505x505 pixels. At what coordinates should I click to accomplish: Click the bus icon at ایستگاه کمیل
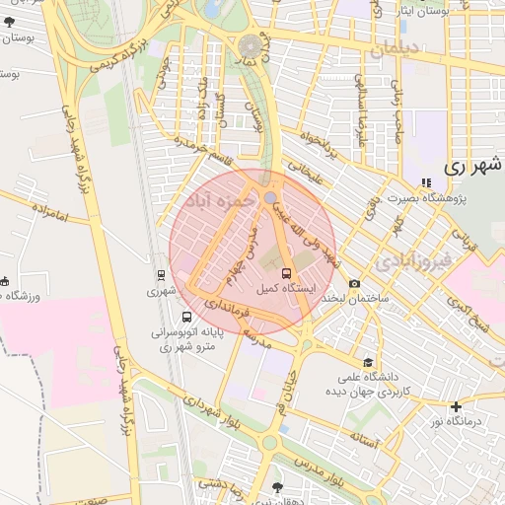286,273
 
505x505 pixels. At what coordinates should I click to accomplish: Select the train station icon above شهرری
160,275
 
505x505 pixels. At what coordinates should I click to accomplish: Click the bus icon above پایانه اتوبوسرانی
187,318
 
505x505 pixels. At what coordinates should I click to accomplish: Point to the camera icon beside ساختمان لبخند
355,283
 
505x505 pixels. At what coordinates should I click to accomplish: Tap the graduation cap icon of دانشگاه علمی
368,362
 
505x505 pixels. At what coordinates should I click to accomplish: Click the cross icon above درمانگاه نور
456,406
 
